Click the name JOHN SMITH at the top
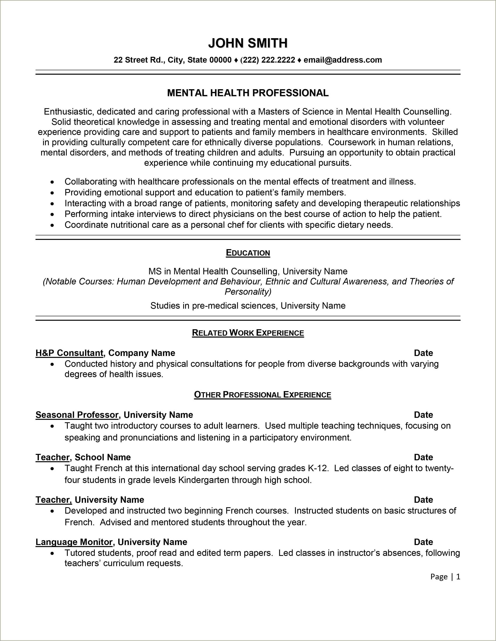[248, 43]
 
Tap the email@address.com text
[343, 60]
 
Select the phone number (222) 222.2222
[268, 60]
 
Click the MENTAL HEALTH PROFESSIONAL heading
[248, 93]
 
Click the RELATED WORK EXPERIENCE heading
[248, 333]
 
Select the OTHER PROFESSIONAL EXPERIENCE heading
[263, 395]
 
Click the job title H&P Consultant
[69, 353]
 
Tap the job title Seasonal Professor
[77, 415]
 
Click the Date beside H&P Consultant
[423, 353]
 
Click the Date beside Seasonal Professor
[423, 415]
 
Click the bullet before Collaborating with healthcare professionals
[52, 182]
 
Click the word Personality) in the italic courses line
[248, 292]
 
